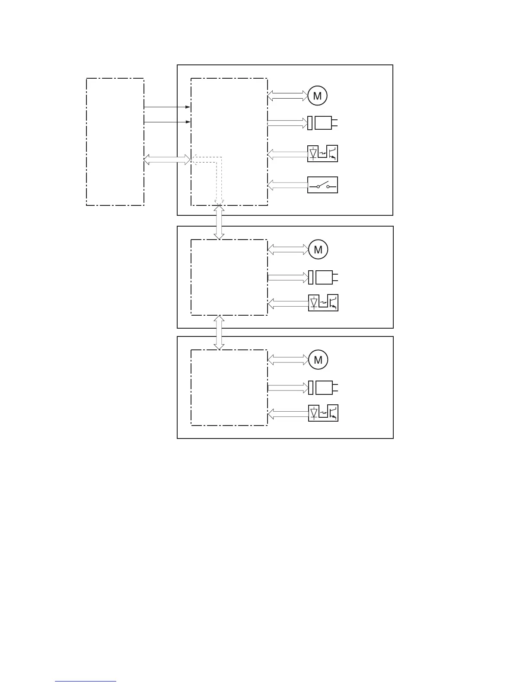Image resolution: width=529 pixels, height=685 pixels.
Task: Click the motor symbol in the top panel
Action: (x=317, y=96)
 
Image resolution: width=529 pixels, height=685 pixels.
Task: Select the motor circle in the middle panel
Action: (x=318, y=250)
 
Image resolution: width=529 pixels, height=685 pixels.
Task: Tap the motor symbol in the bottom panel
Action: (x=318, y=360)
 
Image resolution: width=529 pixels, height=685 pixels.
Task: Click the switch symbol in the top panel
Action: (x=322, y=185)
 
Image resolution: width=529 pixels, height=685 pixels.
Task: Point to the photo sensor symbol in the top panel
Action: (x=322, y=154)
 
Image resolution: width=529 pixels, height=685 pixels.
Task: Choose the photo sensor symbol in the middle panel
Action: (x=323, y=302)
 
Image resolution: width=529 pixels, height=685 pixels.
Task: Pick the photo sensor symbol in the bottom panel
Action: (x=323, y=413)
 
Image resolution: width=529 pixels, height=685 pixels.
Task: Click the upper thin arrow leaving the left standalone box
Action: (x=167, y=107)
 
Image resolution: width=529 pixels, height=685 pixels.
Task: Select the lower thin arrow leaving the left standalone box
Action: (x=167, y=122)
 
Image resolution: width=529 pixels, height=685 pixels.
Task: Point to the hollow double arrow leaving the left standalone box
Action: (x=167, y=160)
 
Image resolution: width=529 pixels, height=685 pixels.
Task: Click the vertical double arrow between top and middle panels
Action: (x=219, y=222)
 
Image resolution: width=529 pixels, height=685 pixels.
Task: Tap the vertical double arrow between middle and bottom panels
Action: (x=219, y=333)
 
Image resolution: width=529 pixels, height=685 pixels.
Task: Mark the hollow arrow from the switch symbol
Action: (x=287, y=186)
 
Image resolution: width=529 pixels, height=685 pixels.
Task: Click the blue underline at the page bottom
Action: (x=86, y=682)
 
